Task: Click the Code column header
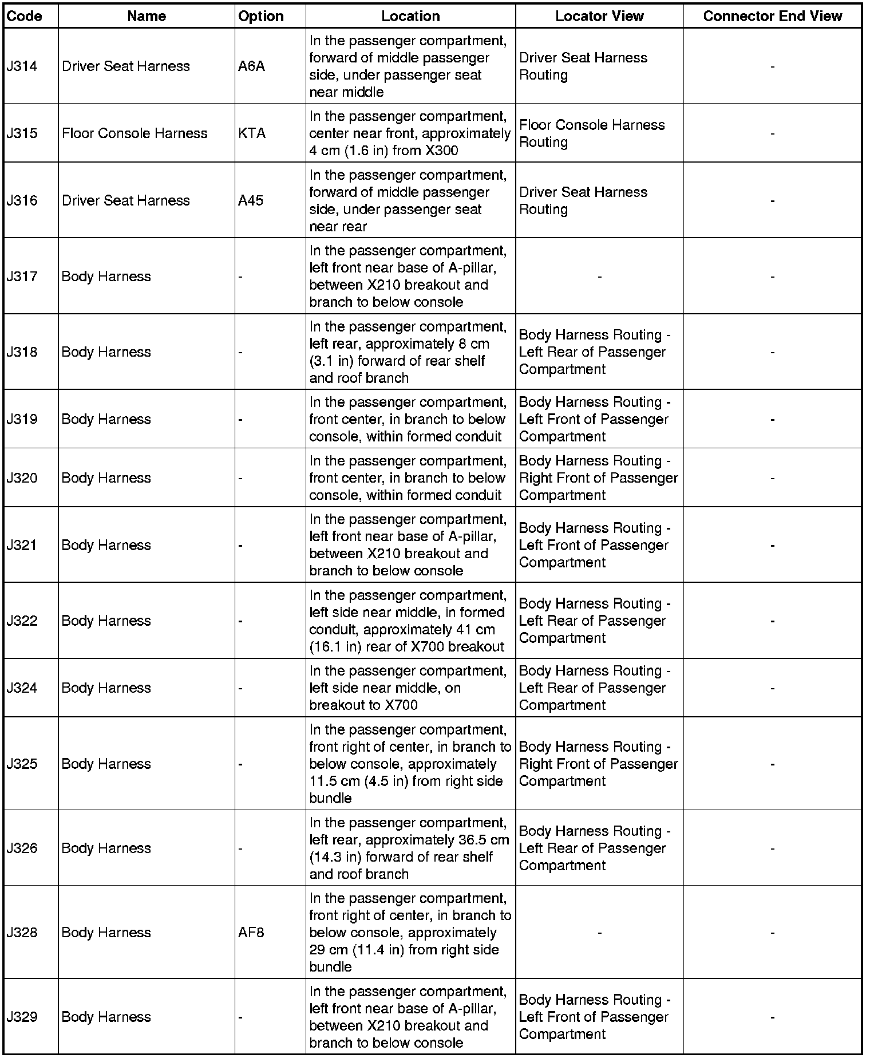tap(25, 16)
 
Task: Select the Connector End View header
tap(772, 16)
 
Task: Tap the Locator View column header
tap(599, 16)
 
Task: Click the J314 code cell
tap(22, 66)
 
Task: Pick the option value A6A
tap(251, 66)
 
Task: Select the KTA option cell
tap(252, 133)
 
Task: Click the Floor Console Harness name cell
tap(135, 133)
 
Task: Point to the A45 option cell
tap(251, 200)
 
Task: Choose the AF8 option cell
tap(251, 933)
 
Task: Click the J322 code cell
tap(22, 621)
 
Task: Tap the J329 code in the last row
tap(22, 1017)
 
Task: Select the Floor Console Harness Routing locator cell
tap(592, 133)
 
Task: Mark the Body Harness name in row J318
tap(106, 352)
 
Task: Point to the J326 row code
tap(22, 848)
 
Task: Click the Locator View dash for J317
tap(599, 277)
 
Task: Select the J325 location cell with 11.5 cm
tap(410, 764)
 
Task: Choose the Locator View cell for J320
tap(598, 478)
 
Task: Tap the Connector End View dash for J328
tap(772, 933)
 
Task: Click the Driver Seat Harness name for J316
tap(126, 200)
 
